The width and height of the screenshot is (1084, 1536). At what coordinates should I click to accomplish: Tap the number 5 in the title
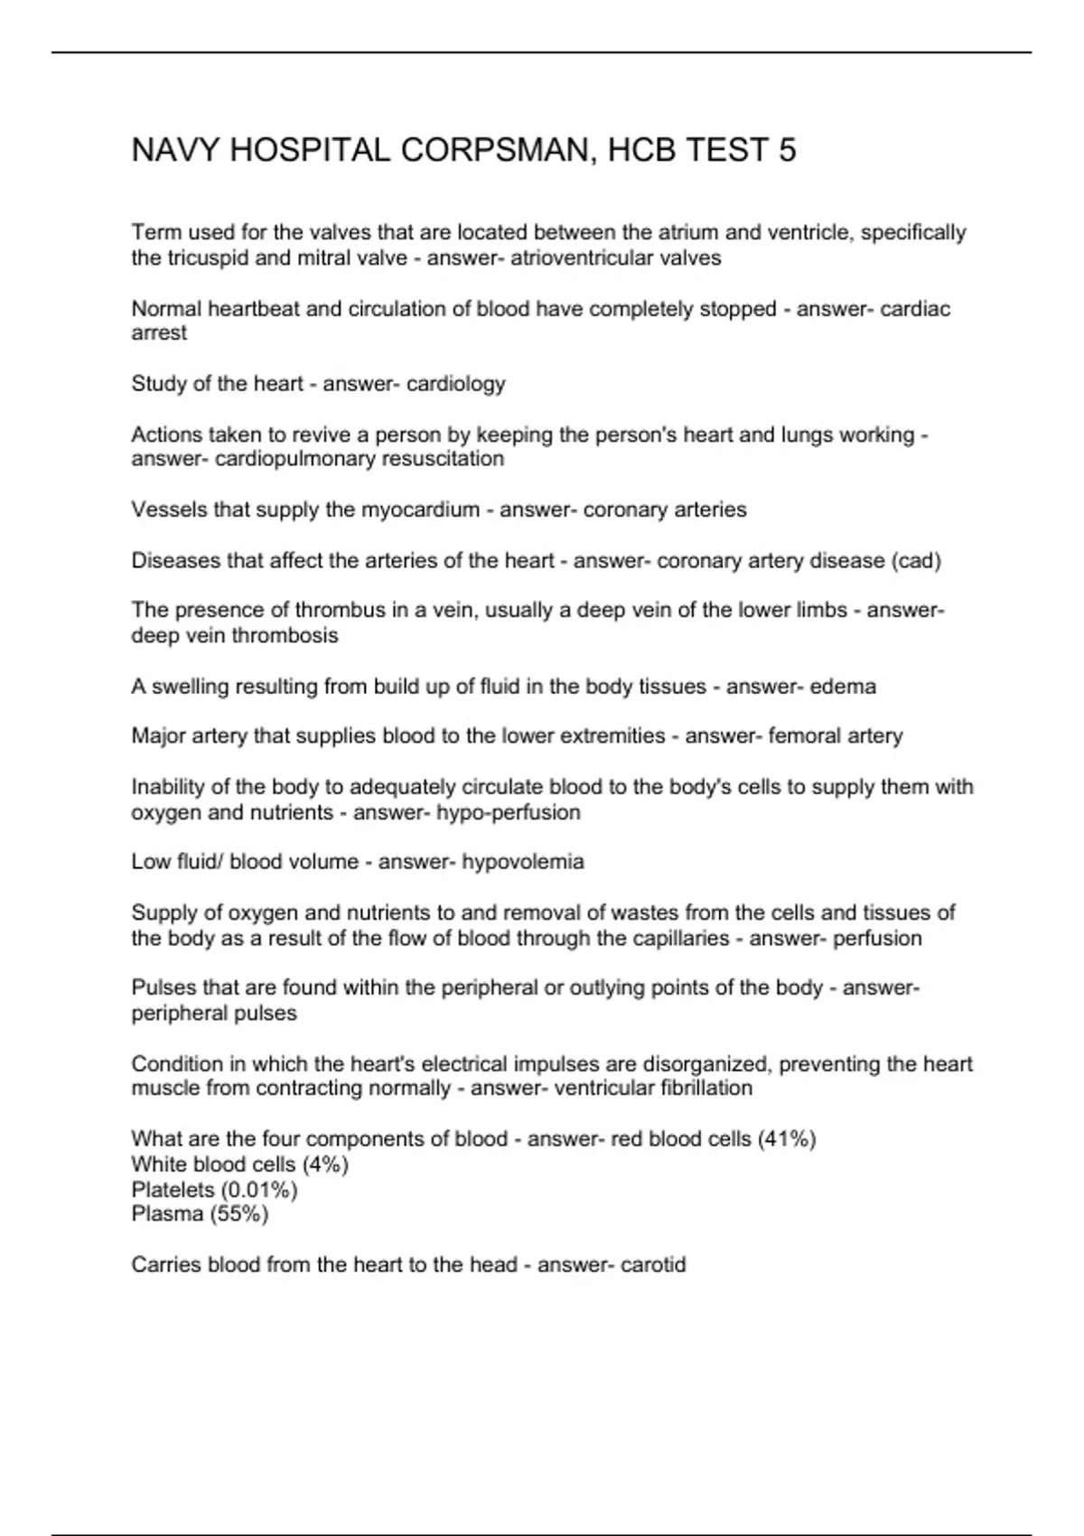point(787,150)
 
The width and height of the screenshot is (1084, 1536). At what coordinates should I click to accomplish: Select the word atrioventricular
point(584,258)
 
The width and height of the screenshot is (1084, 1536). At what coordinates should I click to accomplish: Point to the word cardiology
point(456,384)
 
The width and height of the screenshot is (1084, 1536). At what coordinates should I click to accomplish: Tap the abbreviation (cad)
point(916,561)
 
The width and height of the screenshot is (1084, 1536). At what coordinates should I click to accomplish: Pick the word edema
point(843,687)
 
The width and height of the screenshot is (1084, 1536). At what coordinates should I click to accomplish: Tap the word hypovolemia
point(523,862)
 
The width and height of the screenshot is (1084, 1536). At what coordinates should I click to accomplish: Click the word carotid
point(651,1265)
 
